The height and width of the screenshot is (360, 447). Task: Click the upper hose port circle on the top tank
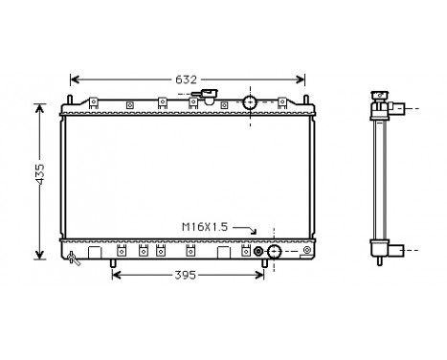coord(250,103)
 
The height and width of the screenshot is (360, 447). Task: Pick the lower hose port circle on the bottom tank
coord(274,252)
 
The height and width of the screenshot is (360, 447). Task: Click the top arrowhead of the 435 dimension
coord(39,106)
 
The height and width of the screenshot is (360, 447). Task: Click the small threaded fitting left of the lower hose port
coord(257,252)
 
